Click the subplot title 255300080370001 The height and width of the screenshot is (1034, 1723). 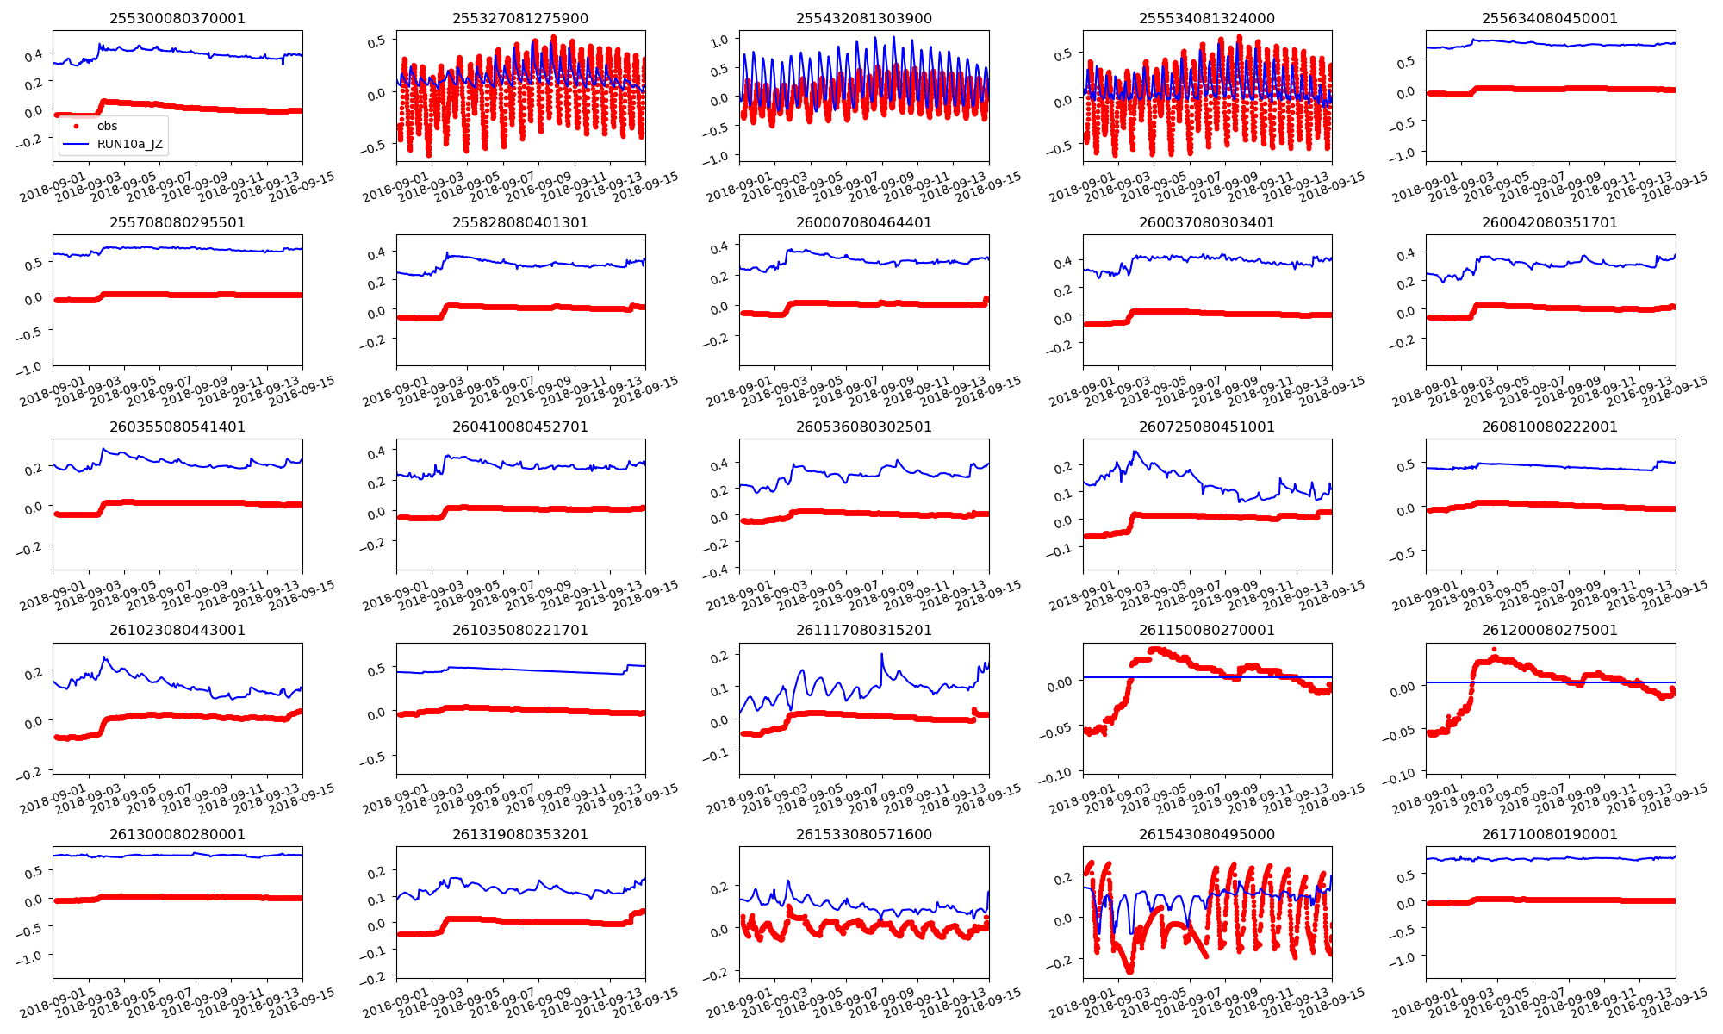[x=177, y=18]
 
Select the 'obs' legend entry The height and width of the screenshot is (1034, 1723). [x=107, y=126]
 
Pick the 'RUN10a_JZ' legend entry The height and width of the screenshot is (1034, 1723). [x=129, y=144]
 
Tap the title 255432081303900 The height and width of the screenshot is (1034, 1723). [x=863, y=18]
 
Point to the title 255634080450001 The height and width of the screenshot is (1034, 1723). [x=1550, y=18]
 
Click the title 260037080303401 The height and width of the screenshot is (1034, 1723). [x=1206, y=222]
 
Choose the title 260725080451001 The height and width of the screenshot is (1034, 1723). [x=1206, y=427]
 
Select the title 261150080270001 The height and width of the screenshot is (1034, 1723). [x=1206, y=630]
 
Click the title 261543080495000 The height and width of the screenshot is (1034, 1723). [x=1206, y=834]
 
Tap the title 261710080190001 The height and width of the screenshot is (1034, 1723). [x=1550, y=834]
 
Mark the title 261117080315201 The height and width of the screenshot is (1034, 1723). [x=863, y=630]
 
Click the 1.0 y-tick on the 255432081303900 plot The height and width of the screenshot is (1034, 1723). [x=719, y=40]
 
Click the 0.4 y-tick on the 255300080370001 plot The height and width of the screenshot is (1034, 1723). [x=33, y=56]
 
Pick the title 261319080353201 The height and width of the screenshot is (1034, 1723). [x=520, y=834]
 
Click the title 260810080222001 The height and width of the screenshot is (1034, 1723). [x=1550, y=427]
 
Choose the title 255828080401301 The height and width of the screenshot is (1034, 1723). [x=520, y=222]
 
